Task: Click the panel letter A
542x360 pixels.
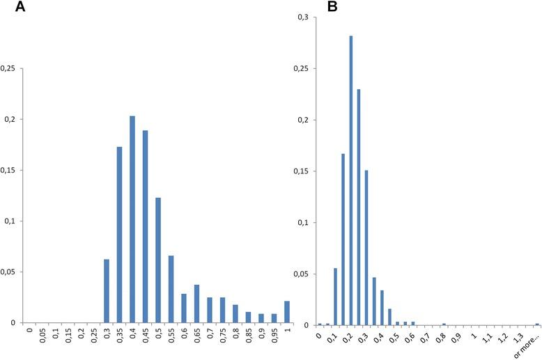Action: (x=6, y=8)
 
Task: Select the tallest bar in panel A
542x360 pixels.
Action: (x=132, y=219)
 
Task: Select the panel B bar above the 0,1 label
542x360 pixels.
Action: (x=335, y=297)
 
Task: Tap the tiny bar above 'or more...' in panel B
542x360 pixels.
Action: (x=537, y=324)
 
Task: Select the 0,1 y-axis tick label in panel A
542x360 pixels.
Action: (x=10, y=221)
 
